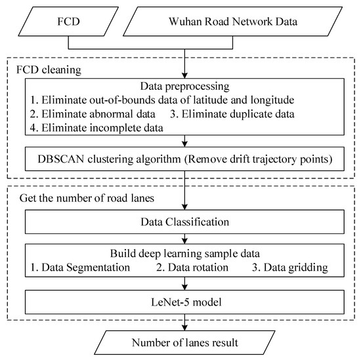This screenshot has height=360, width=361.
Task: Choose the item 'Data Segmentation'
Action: point(77,267)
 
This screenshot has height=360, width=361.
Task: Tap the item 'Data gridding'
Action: point(290,267)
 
